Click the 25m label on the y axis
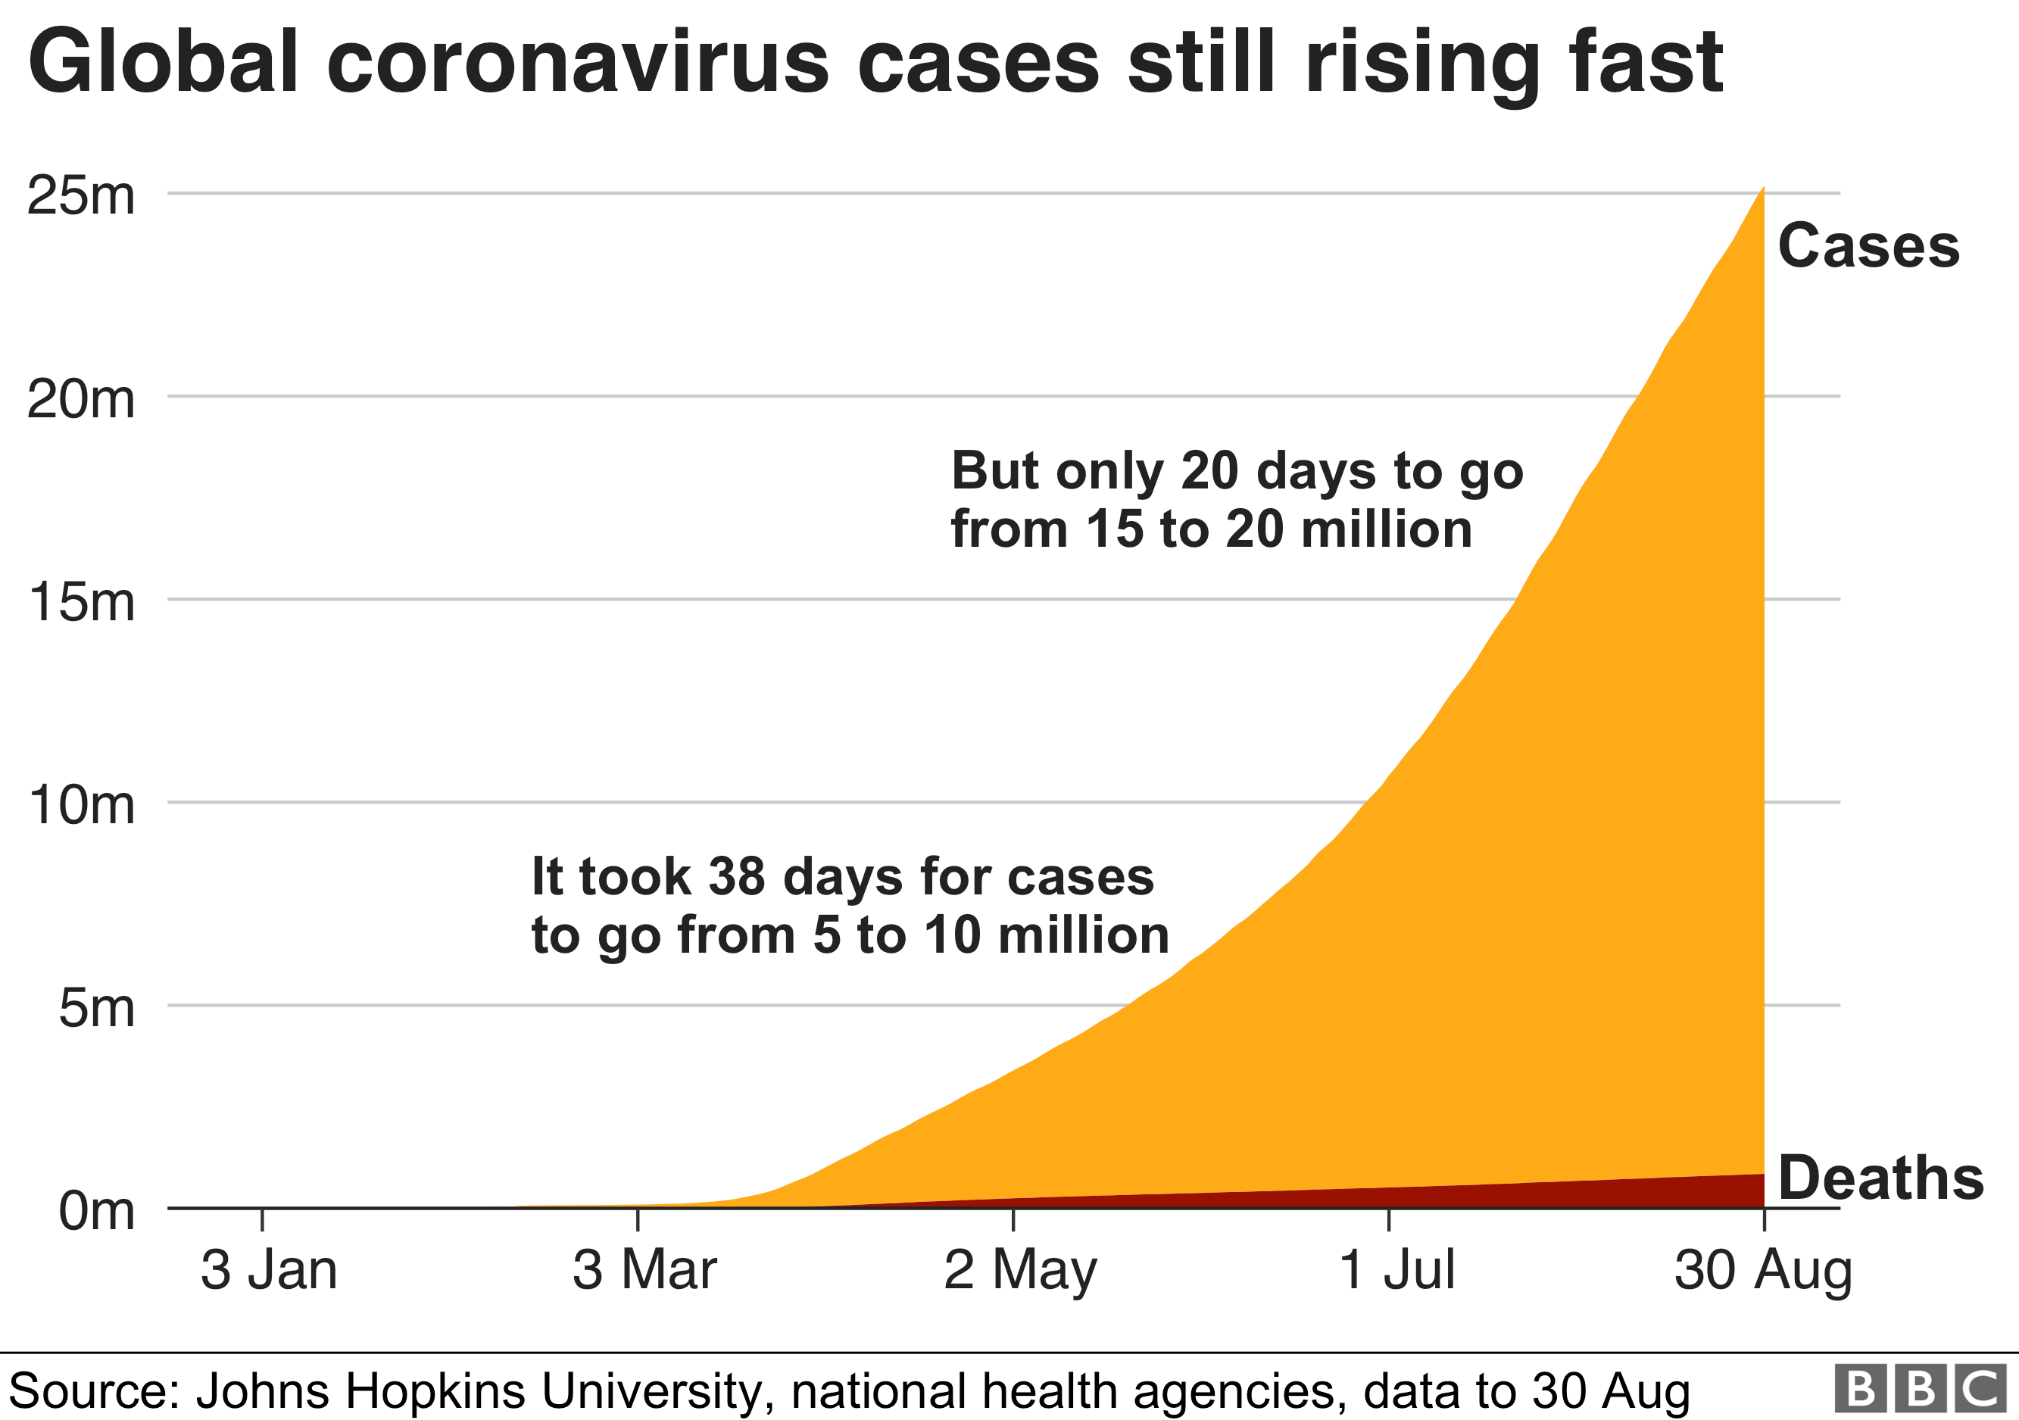point(81,195)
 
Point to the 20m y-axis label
point(81,399)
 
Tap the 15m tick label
point(81,602)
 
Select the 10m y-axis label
point(81,804)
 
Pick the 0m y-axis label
point(96,1211)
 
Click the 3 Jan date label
point(269,1271)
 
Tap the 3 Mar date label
point(644,1271)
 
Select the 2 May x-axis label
point(1020,1271)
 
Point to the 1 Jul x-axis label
point(1396,1271)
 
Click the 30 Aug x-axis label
point(1763,1271)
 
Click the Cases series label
point(1868,246)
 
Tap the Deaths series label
point(1881,1178)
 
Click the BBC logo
point(1921,1388)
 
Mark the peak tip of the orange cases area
point(1762,187)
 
